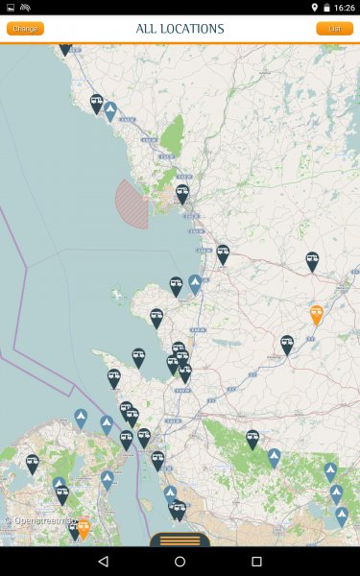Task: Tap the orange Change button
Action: [25, 29]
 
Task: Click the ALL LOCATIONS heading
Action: [180, 29]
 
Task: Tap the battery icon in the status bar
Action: [325, 8]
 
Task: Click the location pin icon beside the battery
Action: [314, 8]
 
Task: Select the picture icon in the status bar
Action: [10, 8]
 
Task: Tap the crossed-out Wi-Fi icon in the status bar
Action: [24, 8]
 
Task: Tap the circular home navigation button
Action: [180, 561]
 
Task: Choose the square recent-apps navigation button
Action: [256, 561]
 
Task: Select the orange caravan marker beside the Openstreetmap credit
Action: [84, 526]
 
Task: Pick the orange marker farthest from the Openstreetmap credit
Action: [316, 313]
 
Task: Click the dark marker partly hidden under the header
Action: [65, 48]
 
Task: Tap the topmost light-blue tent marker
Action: [110, 110]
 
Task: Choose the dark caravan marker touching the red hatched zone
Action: [181, 193]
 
